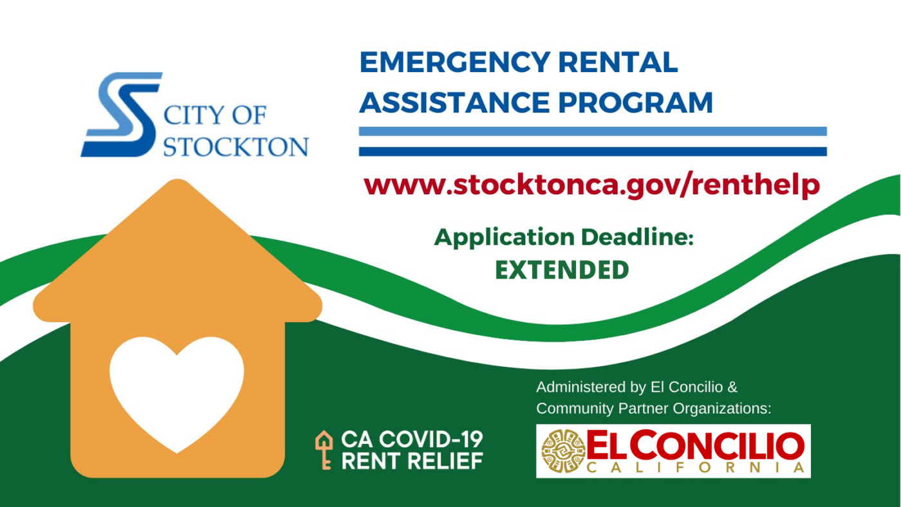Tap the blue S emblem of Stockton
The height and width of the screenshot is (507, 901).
coord(122,115)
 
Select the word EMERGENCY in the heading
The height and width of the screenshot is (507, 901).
coord(455,62)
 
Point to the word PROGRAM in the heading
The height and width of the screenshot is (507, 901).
coord(636,102)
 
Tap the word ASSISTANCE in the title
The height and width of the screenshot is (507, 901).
coord(454,102)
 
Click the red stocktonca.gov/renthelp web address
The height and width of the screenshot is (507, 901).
coord(591,185)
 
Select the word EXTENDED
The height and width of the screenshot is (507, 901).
coord(562,270)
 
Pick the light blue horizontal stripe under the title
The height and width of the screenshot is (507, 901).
coord(593,131)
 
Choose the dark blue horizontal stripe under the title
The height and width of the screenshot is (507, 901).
coord(593,152)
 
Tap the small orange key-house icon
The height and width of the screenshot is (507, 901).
coord(324,450)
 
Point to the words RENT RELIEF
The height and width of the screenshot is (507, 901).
coord(413,461)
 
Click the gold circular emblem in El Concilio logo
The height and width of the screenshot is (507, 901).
coord(563,451)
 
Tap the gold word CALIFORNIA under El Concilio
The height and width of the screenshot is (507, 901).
coord(696,468)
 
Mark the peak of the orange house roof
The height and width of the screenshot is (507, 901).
coord(178,180)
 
